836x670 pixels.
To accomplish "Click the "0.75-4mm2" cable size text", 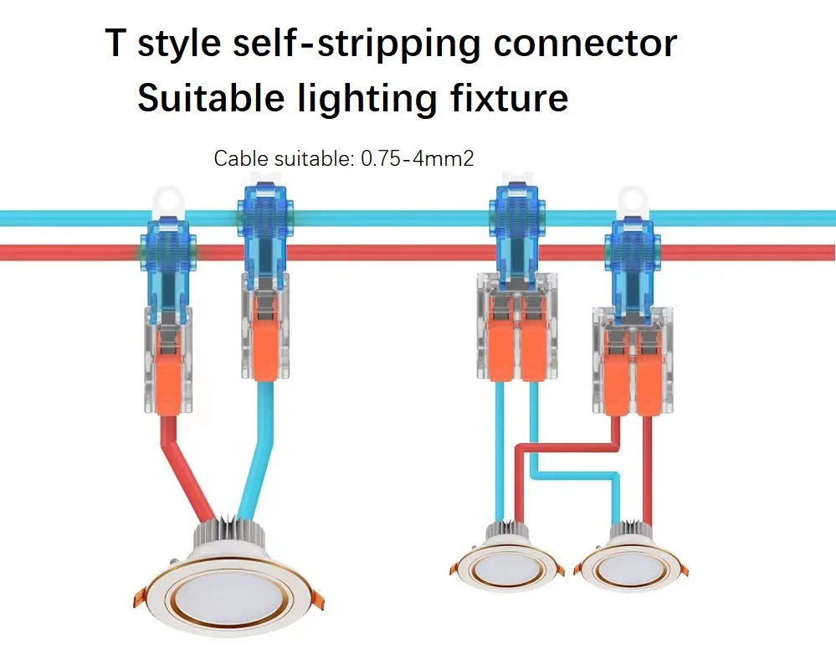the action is point(418,158).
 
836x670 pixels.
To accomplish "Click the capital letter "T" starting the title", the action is point(118,44).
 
